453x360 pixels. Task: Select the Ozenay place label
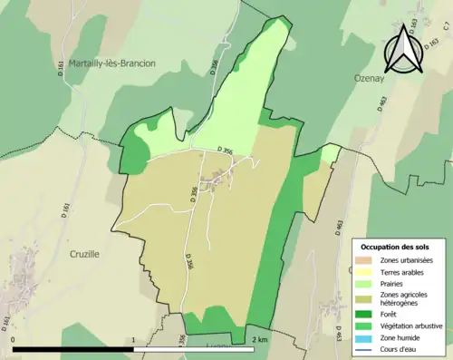[x=371, y=79]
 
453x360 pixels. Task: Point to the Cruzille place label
[x=84, y=255]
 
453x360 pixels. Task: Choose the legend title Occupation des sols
[x=396, y=247]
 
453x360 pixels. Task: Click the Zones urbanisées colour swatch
[x=364, y=261]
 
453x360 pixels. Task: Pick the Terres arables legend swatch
[x=364, y=272]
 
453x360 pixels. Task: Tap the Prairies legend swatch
[x=364, y=283]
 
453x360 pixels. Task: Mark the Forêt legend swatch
[x=364, y=315]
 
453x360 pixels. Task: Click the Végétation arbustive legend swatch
[x=364, y=326]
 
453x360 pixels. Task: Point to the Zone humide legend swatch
[x=364, y=336]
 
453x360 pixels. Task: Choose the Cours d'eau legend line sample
[x=364, y=347]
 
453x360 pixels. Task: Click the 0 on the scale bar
[x=14, y=339]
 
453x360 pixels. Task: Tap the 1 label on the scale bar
[x=134, y=339]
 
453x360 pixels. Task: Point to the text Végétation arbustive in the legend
[x=407, y=326]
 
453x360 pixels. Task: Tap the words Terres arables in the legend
[x=399, y=272]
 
